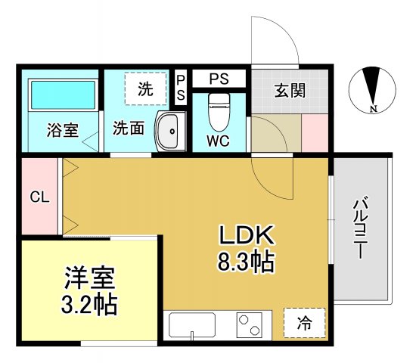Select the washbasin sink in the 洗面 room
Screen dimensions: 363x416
[x=170, y=132]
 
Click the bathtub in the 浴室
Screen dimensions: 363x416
[x=62, y=97]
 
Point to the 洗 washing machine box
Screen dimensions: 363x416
[x=144, y=87]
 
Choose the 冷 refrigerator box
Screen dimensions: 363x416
[x=304, y=324]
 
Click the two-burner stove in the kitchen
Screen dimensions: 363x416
[x=249, y=327]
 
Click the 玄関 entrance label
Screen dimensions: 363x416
[x=290, y=92]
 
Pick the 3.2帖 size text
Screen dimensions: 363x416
[x=88, y=304]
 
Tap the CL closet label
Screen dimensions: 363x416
[x=39, y=197]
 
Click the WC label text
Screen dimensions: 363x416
[x=218, y=140]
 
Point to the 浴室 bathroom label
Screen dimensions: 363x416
[x=62, y=130]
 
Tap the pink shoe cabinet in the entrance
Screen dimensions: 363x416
[x=315, y=133]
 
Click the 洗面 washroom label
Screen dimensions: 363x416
[x=129, y=128]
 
